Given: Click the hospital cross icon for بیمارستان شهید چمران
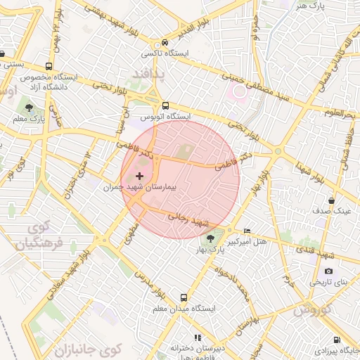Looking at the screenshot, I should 139,176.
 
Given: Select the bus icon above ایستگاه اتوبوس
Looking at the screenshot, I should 165,105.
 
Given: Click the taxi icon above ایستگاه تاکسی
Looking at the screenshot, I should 165,42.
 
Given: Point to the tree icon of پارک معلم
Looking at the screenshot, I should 29,108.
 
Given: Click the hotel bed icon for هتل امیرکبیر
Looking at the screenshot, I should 246,231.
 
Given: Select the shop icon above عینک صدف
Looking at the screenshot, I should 331,201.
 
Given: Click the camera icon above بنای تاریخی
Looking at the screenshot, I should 328,271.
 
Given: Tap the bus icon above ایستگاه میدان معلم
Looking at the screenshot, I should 184,297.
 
